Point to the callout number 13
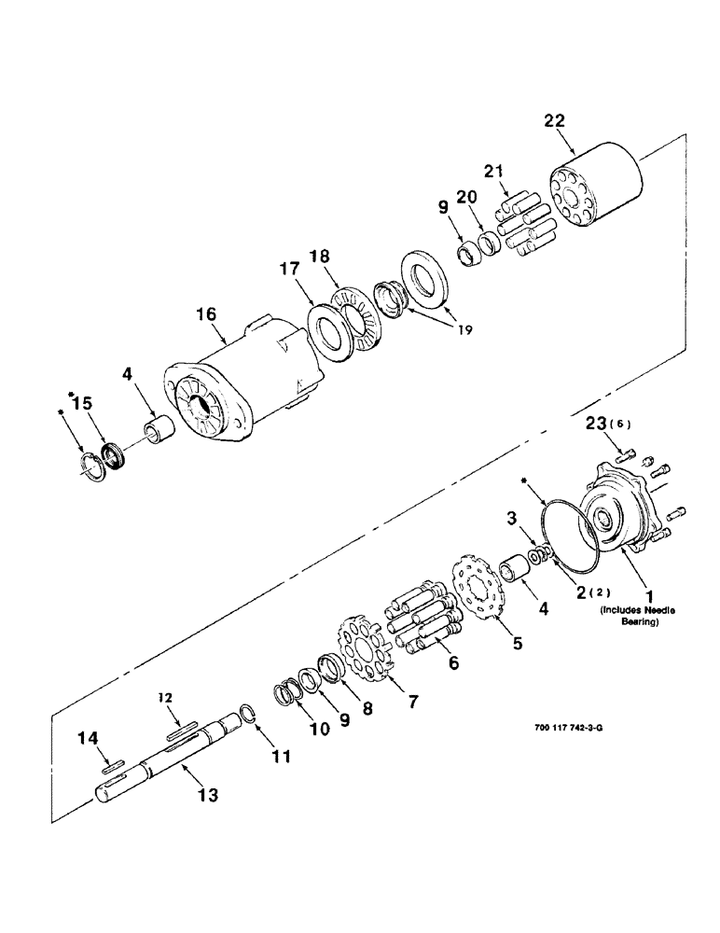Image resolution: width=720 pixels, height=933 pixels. (208, 794)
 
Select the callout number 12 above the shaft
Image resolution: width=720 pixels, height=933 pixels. (164, 697)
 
